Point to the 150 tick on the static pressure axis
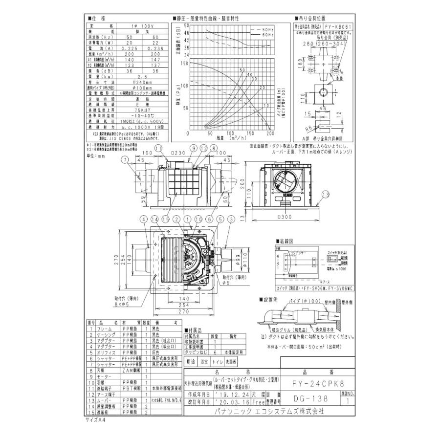pyautogui.click(x=184, y=63)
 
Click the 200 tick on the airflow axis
pyautogui.click(x=270, y=133)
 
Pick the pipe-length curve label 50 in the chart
pyautogui.click(x=242, y=70)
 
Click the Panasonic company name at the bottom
pyautogui.click(x=269, y=411)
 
